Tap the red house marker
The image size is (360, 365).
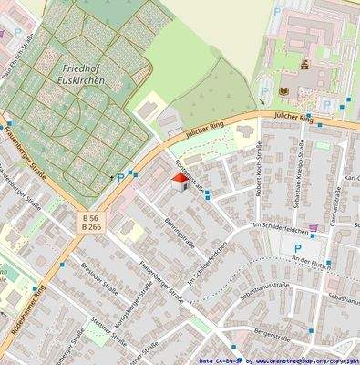coord(181,182)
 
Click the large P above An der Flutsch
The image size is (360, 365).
coord(296,248)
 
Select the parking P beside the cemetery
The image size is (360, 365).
coord(120,177)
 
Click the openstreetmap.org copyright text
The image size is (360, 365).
coord(279,360)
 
